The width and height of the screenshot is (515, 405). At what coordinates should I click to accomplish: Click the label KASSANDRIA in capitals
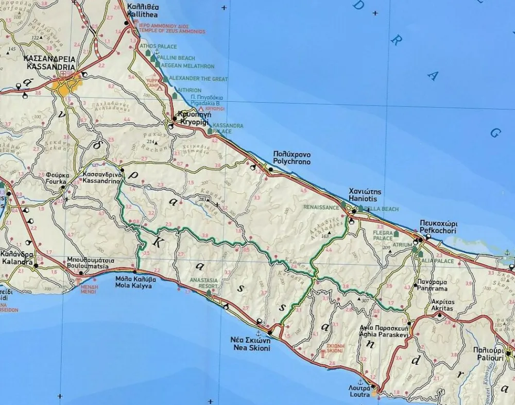tap(49, 67)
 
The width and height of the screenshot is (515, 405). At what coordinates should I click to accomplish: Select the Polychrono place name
tap(292, 162)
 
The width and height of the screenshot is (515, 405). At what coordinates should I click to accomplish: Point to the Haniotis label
tap(363, 198)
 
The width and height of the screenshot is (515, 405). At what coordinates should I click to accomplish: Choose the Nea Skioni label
tap(250, 348)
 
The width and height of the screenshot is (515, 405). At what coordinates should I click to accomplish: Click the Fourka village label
tap(55, 182)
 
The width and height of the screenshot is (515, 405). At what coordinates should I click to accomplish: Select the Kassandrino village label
tap(102, 182)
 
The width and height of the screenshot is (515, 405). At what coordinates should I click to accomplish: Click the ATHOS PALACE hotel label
tap(159, 47)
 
